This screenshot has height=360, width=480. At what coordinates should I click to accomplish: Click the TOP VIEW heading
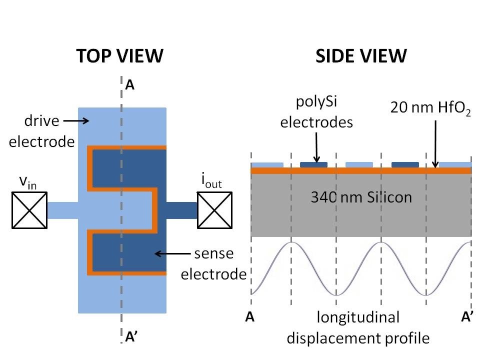coord(119,56)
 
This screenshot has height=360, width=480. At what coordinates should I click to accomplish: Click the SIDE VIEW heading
coord(361,56)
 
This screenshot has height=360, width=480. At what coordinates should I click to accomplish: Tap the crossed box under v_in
coord(29,210)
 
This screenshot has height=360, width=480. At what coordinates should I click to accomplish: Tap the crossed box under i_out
coord(215,210)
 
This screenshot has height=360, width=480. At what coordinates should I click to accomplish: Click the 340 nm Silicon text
coord(361,197)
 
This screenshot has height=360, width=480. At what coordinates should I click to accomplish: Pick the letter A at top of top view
coord(129,85)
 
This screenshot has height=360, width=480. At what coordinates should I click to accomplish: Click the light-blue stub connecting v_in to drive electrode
coord(62,210)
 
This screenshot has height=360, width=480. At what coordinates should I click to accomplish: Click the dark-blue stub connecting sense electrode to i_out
coord(181,210)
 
